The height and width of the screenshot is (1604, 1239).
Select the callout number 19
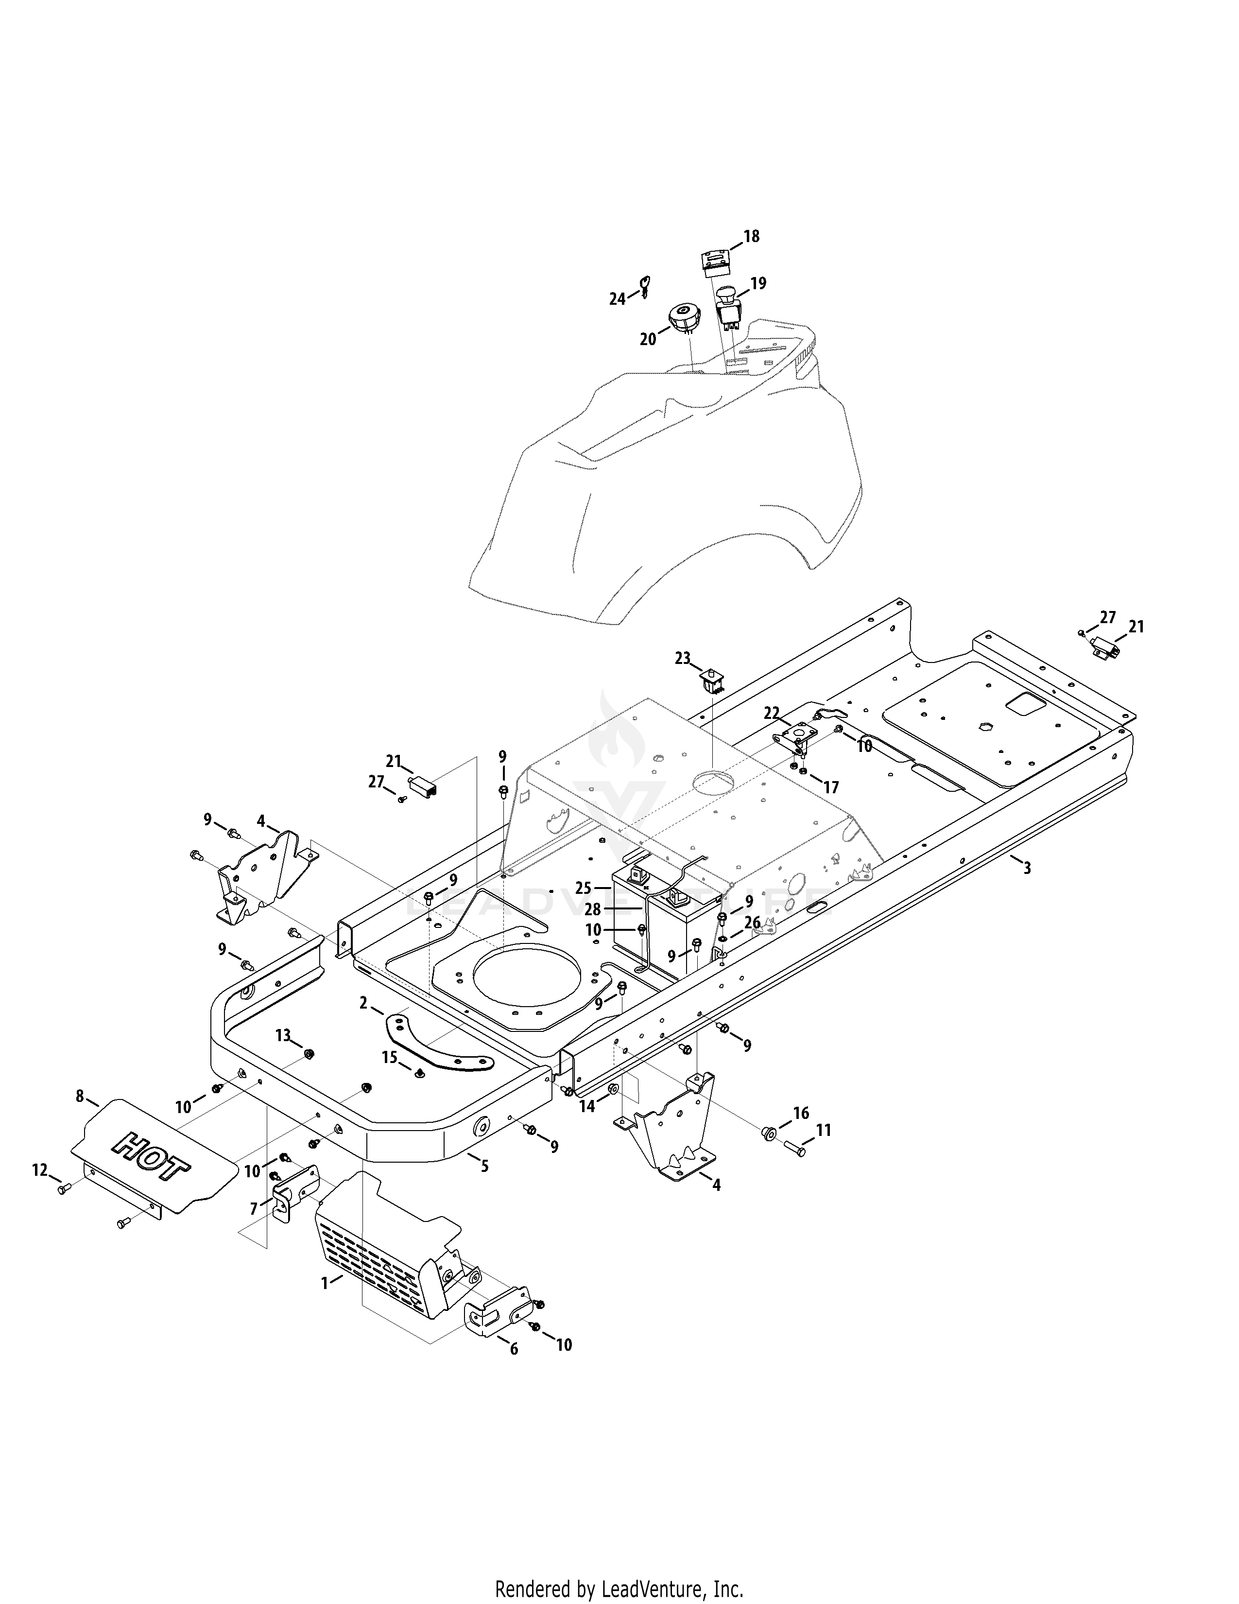point(758,283)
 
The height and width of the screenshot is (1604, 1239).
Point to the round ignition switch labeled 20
point(685,320)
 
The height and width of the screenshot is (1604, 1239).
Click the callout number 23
point(683,659)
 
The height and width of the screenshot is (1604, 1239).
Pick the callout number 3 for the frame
point(1027,868)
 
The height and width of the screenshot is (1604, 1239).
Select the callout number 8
point(80,1097)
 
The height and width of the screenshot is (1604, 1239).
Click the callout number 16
point(802,1113)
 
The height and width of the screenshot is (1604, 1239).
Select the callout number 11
point(824,1130)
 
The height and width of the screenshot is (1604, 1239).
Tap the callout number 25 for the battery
point(584,889)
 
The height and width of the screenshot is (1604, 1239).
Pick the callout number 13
point(283,1035)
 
